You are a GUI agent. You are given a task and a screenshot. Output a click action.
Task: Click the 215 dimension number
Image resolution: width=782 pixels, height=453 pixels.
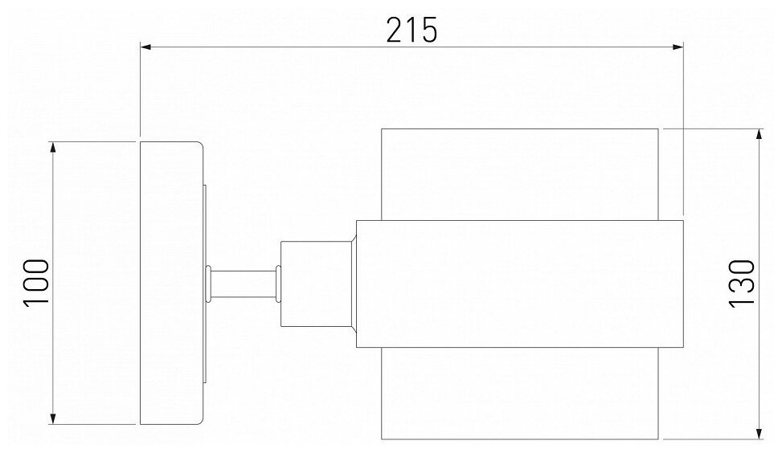(411, 29)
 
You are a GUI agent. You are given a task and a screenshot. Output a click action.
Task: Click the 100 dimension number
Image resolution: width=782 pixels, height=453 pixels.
(36, 283)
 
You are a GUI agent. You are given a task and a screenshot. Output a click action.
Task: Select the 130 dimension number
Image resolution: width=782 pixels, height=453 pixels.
(742, 283)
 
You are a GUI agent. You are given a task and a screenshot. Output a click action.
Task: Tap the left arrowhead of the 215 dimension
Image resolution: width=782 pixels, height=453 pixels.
(147, 47)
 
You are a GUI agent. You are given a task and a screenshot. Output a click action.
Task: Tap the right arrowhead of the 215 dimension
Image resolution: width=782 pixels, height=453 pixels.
(677, 47)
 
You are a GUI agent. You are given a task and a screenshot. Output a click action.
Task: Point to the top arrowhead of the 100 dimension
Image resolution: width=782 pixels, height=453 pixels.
(54, 147)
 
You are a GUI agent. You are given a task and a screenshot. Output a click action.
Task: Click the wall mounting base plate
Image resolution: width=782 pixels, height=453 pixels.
(171, 283)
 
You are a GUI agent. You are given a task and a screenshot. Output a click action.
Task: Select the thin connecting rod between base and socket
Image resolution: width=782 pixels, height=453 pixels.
(244, 284)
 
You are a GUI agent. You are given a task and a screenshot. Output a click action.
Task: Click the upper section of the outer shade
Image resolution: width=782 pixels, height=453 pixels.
(519, 173)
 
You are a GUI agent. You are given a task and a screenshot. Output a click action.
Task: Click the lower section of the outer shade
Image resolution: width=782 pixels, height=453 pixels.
(519, 394)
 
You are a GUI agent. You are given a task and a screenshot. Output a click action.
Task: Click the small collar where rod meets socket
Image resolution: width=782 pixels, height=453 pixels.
(278, 284)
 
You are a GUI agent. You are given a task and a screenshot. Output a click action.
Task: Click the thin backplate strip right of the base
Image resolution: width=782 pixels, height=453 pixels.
(204, 241)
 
